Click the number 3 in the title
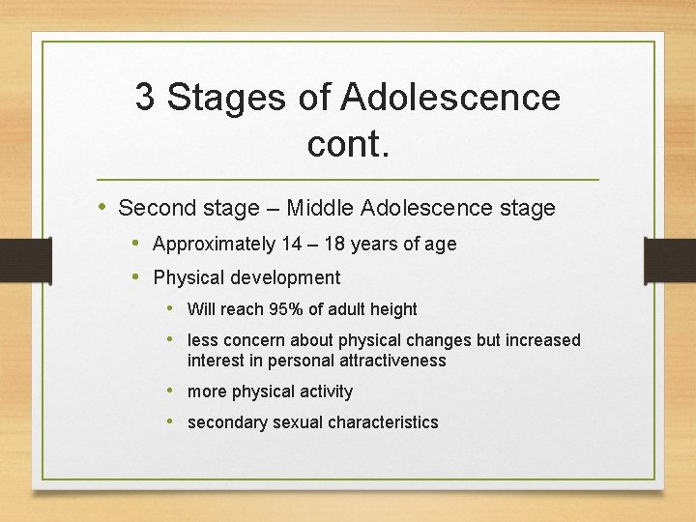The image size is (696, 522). pyautogui.click(x=145, y=98)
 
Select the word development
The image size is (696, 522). pyautogui.click(x=287, y=278)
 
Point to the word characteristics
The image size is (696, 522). pyautogui.click(x=383, y=422)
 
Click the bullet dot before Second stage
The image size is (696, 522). pyautogui.click(x=103, y=207)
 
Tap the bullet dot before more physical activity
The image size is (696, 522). pyautogui.click(x=171, y=391)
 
